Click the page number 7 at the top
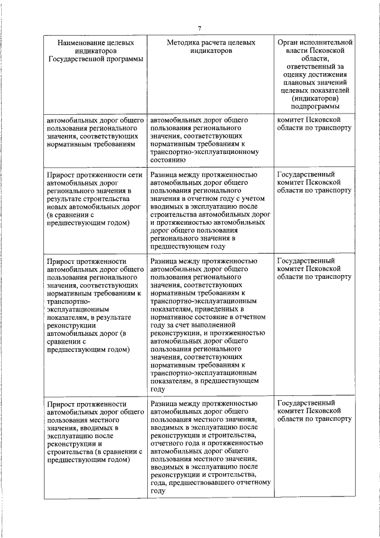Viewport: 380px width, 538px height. click(x=200, y=28)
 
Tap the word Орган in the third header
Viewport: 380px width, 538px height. click(x=289, y=43)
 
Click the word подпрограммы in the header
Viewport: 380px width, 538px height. click(x=315, y=106)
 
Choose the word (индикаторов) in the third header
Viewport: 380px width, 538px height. click(x=315, y=97)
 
